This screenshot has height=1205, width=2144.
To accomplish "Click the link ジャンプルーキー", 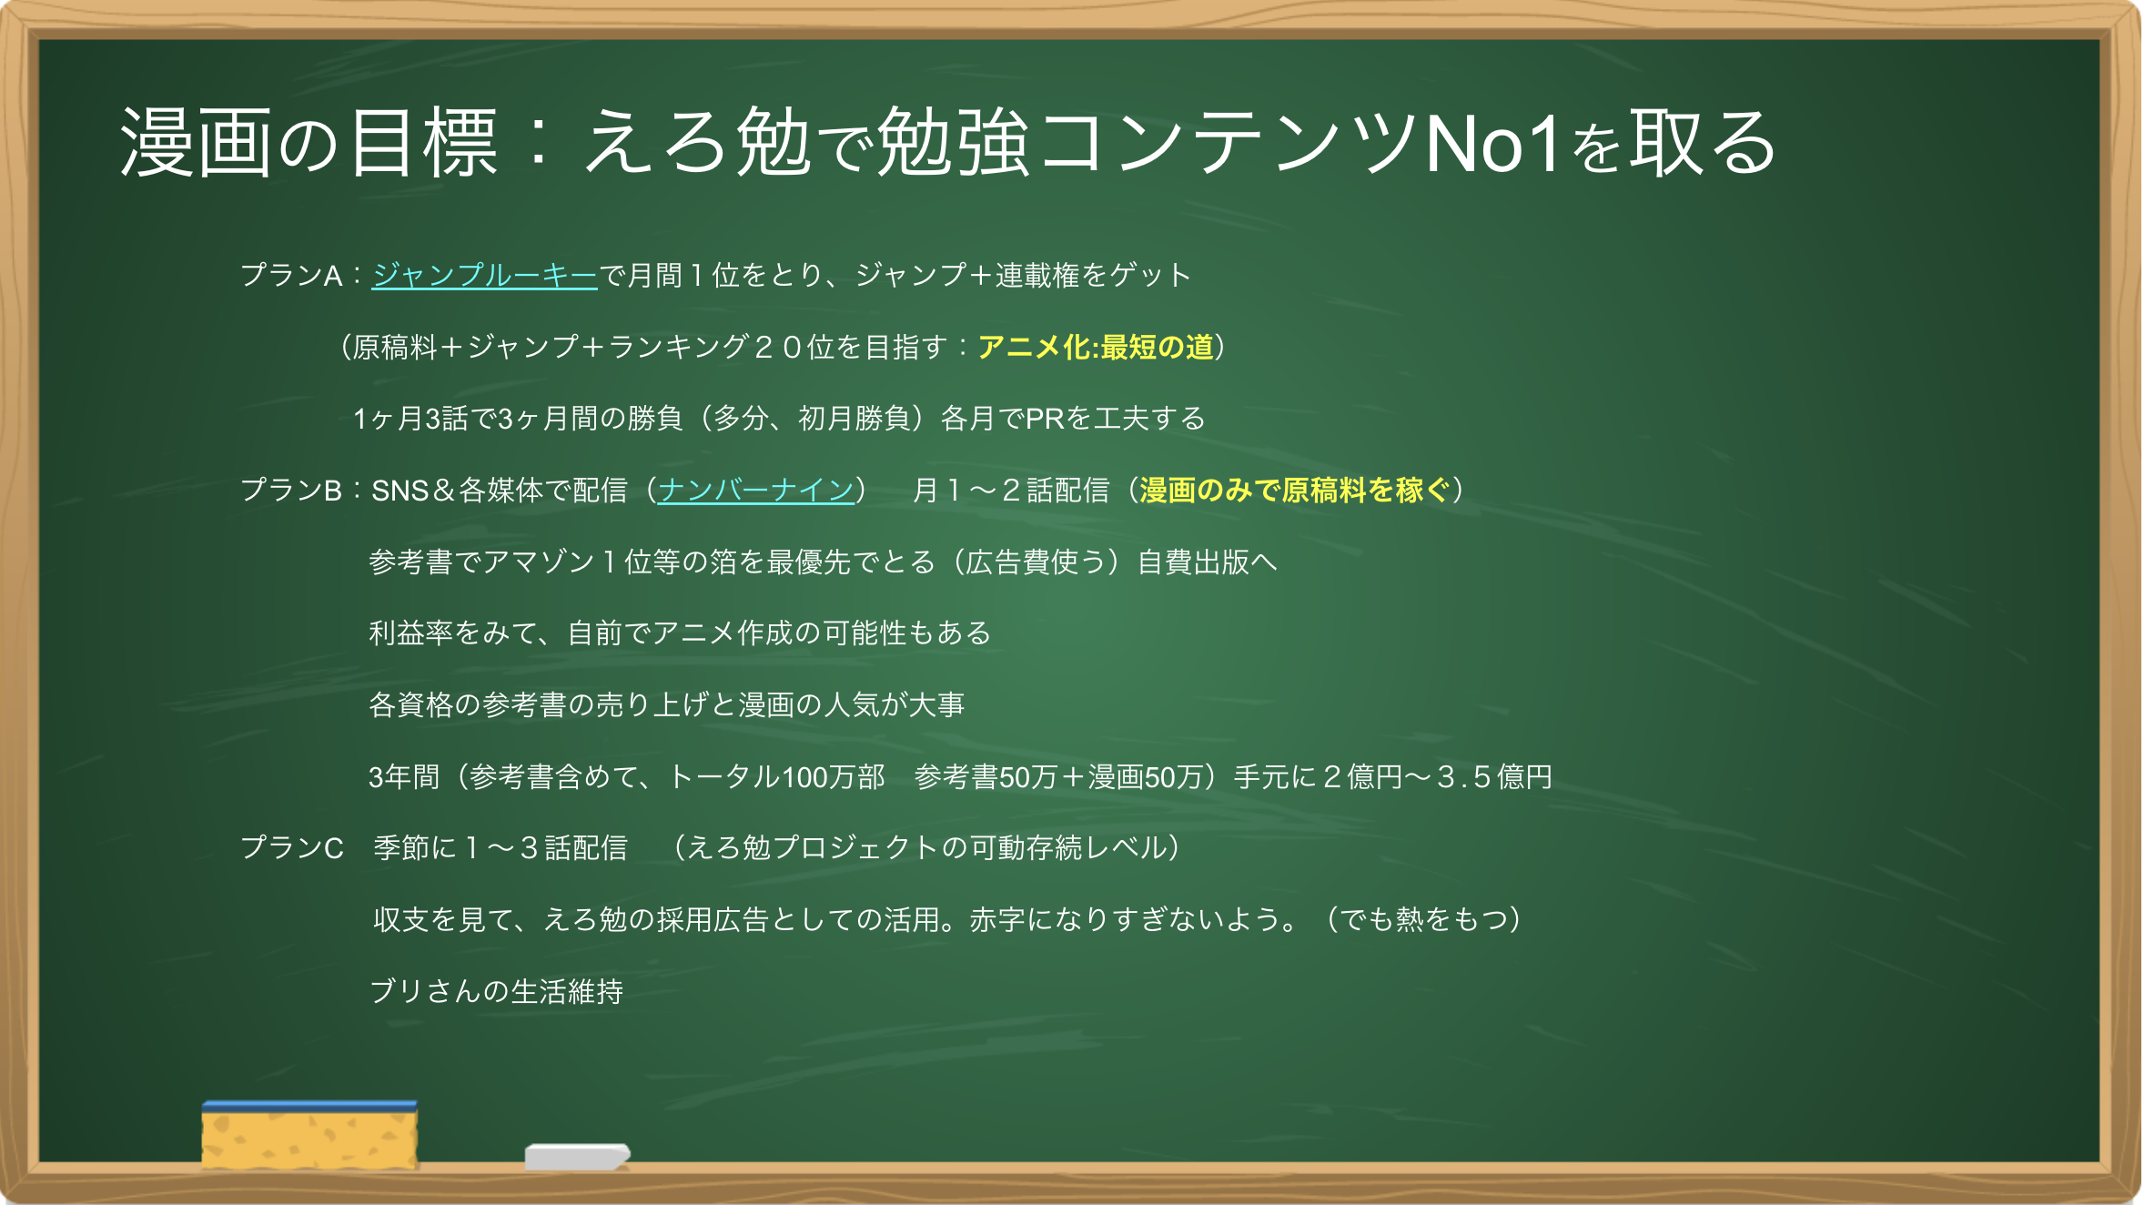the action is click(x=484, y=275).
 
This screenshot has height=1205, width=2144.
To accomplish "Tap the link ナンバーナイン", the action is click(x=755, y=490).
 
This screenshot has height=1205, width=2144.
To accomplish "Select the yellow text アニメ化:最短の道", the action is click(x=1096, y=347).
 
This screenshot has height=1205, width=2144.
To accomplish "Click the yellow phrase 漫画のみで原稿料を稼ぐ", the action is click(x=1294, y=490).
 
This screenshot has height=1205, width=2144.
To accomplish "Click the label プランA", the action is click(x=291, y=275).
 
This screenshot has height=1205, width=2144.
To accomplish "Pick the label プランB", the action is click(x=291, y=490).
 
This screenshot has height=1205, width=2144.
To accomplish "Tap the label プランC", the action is click(x=291, y=847).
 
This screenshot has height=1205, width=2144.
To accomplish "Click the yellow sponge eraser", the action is click(x=309, y=1134).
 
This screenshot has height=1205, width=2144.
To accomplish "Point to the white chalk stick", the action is click(x=577, y=1156).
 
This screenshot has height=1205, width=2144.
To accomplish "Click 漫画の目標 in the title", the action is click(x=309, y=143).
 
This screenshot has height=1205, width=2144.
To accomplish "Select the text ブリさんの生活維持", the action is click(x=496, y=991).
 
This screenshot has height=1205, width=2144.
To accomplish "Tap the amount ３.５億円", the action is click(x=1494, y=776).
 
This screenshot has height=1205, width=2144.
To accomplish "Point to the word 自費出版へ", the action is click(x=1207, y=562).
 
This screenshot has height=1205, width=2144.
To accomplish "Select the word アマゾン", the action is click(x=539, y=562).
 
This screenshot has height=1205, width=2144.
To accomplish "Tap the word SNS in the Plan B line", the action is click(x=399, y=490).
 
